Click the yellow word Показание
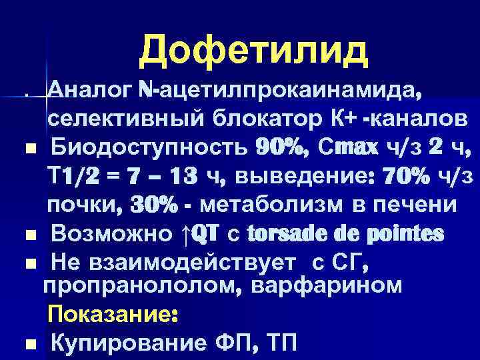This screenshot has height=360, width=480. pyautogui.click(x=111, y=314)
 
